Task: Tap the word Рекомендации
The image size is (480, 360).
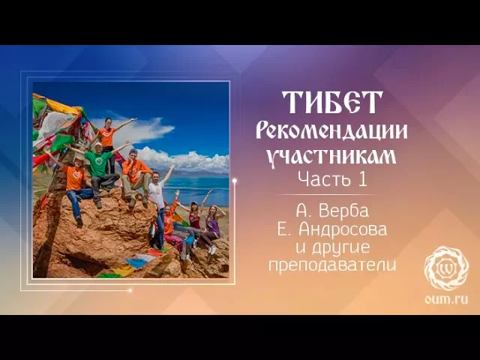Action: click(331, 131)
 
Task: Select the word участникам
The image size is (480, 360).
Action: click(331, 157)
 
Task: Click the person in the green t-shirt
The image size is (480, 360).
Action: click(98, 164)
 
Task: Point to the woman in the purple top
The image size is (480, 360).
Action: click(212, 225)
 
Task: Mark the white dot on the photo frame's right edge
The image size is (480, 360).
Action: click(235, 181)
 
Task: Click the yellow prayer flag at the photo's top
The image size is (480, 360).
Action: click(63, 106)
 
